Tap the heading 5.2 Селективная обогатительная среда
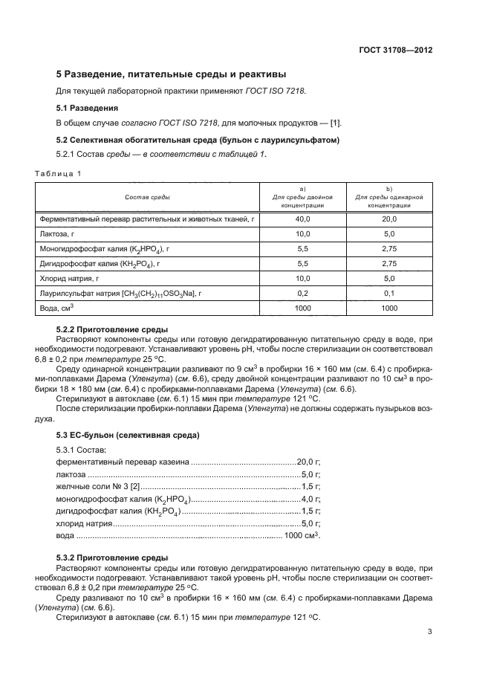pos(198,140)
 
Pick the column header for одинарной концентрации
pos(389,197)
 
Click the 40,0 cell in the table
pos(302,219)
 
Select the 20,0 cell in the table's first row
pos(389,219)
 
